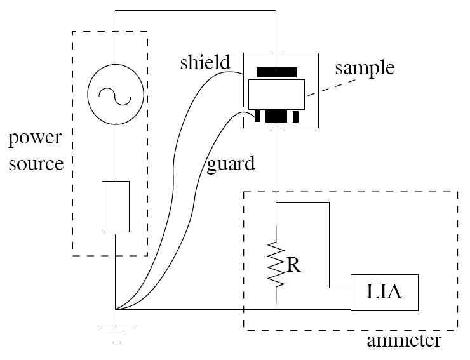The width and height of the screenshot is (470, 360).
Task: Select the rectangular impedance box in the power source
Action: pyautogui.click(x=116, y=206)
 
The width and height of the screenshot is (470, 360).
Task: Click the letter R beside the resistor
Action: pyautogui.click(x=293, y=265)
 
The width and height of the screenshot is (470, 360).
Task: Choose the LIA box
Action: pyautogui.click(x=384, y=293)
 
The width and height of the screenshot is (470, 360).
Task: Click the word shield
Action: pyautogui.click(x=204, y=63)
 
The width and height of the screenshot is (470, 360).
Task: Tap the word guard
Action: pyautogui.click(x=231, y=163)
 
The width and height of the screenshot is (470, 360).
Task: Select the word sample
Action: pyautogui.click(x=365, y=68)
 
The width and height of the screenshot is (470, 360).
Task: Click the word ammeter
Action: pyautogui.click(x=403, y=341)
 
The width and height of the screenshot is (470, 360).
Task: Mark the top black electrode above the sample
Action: pyautogui.click(x=276, y=71)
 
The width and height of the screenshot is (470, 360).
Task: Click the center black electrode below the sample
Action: pyautogui.click(x=276, y=117)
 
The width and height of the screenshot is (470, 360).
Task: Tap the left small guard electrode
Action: pyautogui.click(x=258, y=117)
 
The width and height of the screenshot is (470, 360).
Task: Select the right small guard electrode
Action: pyautogui.click(x=295, y=117)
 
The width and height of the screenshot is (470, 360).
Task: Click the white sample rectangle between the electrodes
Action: pyautogui.click(x=276, y=94)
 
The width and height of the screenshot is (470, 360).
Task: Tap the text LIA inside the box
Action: pyautogui.click(x=384, y=293)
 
